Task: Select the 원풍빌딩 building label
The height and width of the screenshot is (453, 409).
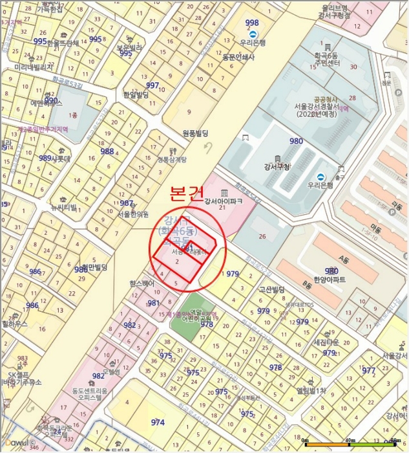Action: pos(196,133)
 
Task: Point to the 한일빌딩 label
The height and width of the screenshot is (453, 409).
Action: pos(136,94)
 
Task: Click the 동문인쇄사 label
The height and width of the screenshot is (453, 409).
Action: pos(238,57)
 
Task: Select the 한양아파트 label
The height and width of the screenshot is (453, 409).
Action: pos(330,280)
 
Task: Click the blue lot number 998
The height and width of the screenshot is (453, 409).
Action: pos(252,23)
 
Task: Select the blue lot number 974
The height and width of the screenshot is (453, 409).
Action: pos(158,422)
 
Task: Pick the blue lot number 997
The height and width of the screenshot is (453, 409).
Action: pos(152,85)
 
